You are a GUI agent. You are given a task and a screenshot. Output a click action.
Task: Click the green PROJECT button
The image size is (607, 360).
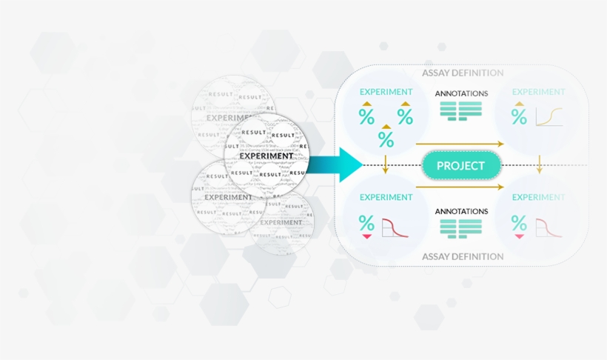pyautogui.click(x=460, y=165)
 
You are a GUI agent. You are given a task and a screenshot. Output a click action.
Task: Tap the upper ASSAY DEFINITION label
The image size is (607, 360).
pyautogui.click(x=463, y=73)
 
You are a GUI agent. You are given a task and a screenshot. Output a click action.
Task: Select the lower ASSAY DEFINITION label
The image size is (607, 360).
pyautogui.click(x=463, y=256)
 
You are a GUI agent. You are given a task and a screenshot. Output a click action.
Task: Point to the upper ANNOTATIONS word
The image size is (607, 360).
pyautogui.click(x=461, y=93)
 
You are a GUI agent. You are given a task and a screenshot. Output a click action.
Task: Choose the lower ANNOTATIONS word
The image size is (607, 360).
pyautogui.click(x=461, y=211)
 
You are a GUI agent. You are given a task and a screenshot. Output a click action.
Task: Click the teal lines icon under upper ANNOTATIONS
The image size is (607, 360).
pyautogui.click(x=460, y=110)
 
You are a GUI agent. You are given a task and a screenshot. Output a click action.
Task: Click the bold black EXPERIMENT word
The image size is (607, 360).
pyautogui.click(x=266, y=156)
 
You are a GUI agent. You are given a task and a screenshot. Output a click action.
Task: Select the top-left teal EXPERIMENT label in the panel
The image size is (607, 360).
pyautogui.click(x=386, y=92)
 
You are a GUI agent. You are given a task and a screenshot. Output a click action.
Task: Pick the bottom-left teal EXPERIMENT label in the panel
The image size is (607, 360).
pyautogui.click(x=386, y=197)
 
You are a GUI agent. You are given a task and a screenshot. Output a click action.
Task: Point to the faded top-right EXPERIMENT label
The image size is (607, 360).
pyautogui.click(x=538, y=92)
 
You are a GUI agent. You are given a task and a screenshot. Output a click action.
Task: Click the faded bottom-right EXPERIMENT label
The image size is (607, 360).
pyautogui.click(x=538, y=197)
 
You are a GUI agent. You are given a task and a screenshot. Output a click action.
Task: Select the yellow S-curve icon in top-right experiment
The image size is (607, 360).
pyautogui.click(x=549, y=116)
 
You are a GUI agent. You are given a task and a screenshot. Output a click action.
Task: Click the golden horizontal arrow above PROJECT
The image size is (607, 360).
pyautogui.click(x=460, y=143)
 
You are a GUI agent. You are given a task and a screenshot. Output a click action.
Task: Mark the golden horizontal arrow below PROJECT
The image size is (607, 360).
pyautogui.click(x=460, y=187)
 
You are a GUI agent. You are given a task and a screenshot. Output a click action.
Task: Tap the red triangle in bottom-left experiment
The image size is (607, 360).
pyautogui.click(x=366, y=236)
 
